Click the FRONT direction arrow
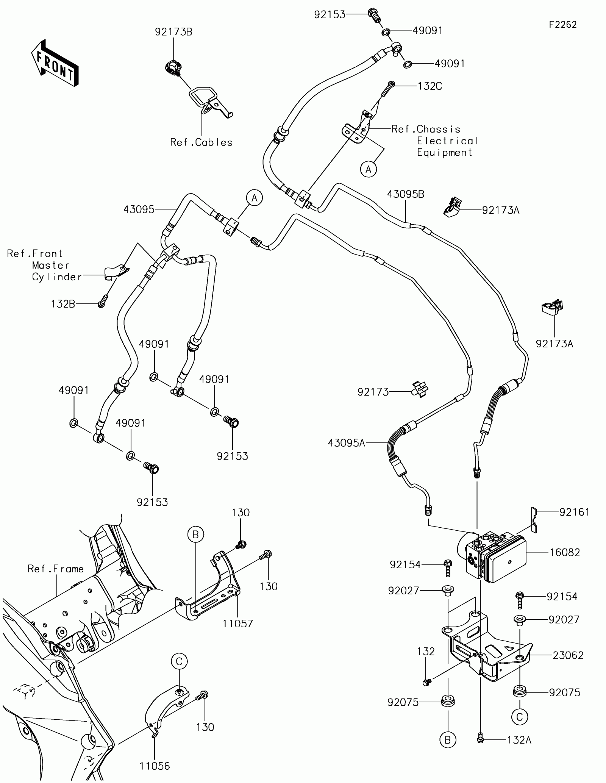coord(55,62)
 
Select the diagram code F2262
coord(563,25)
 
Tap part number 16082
coord(565,552)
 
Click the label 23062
coord(568,655)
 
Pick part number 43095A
coord(347,442)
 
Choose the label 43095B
coord(406,194)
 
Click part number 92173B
coord(173,32)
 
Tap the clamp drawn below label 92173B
coord(173,69)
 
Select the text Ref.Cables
coord(201,142)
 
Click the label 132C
coord(430,86)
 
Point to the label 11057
coord(237,624)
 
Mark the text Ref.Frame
coord(56,569)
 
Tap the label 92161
coord(575,512)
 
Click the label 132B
coord(63,303)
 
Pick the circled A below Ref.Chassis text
coord(369,169)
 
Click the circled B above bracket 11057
coord(195,535)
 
